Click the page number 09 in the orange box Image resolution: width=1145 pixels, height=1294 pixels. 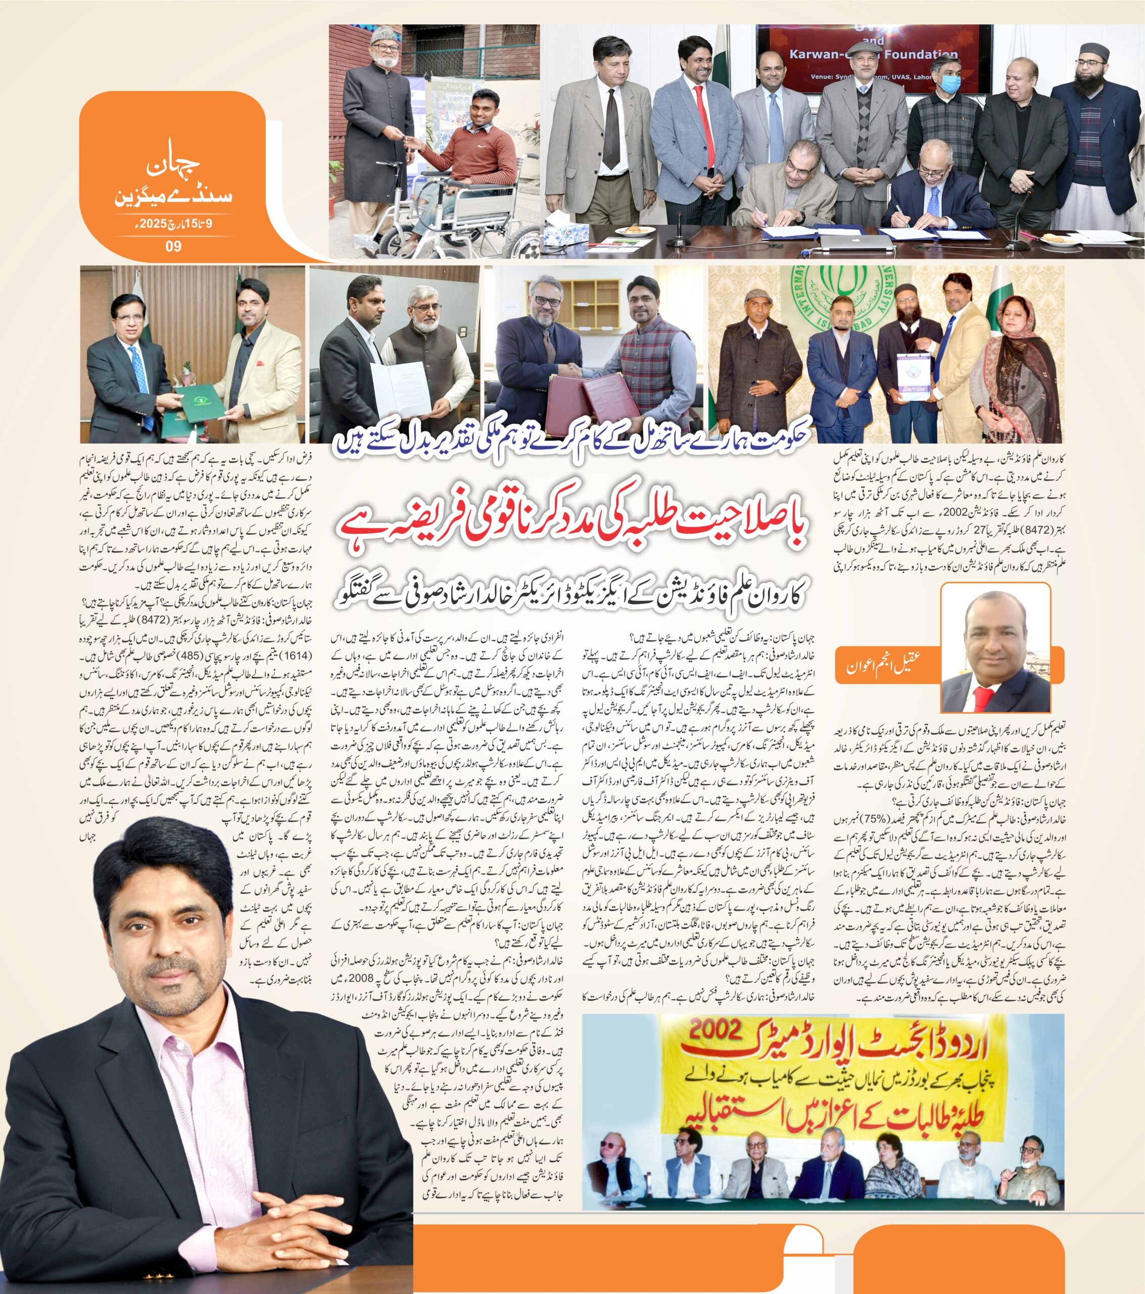[173, 246]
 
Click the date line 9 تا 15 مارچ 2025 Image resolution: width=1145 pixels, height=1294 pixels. [173, 223]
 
